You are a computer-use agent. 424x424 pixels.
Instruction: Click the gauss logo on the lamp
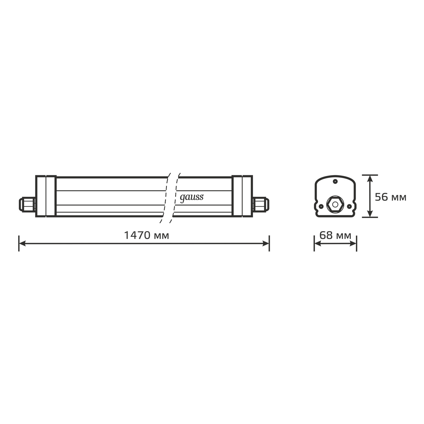(192, 198)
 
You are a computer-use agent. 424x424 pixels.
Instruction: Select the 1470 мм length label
(147, 235)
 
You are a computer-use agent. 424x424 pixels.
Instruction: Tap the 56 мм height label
(391, 197)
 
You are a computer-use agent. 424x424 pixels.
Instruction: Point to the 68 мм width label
(335, 235)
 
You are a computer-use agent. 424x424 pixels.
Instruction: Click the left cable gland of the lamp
(27, 204)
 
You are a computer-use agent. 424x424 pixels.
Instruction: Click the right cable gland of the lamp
(261, 204)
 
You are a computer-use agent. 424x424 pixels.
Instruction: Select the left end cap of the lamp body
(46, 196)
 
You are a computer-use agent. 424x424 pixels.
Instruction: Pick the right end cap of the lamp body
(242, 196)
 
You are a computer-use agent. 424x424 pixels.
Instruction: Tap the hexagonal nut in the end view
(335, 204)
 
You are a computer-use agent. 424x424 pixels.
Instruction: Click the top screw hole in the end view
(335, 181)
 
